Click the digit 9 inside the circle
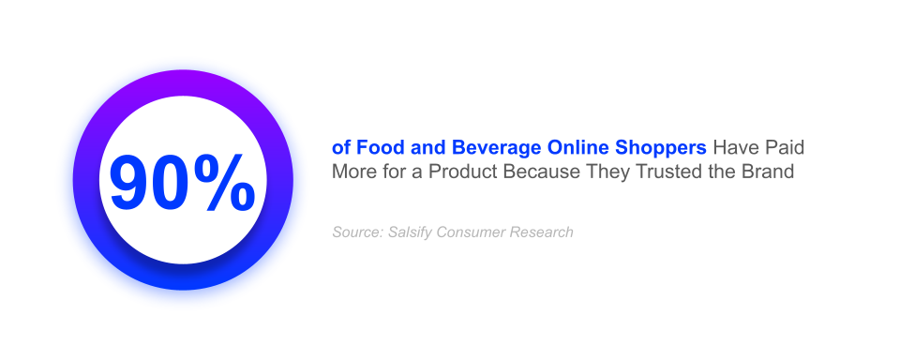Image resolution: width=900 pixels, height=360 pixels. [x=131, y=181]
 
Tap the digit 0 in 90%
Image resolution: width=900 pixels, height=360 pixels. [x=175, y=181]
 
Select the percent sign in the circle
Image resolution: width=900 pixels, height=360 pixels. [x=227, y=181]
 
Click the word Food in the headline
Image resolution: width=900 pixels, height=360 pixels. [x=371, y=148]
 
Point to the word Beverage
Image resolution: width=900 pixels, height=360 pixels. [x=487, y=148]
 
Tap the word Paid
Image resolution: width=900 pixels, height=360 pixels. [x=784, y=148]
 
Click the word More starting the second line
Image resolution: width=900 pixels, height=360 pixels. [x=352, y=172]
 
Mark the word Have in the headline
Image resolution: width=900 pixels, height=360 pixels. [x=732, y=148]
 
